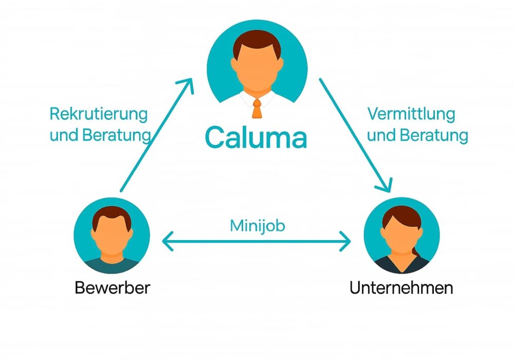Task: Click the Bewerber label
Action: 112,287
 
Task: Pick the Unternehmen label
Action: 401,287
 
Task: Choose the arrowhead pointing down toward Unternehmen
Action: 384,184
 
